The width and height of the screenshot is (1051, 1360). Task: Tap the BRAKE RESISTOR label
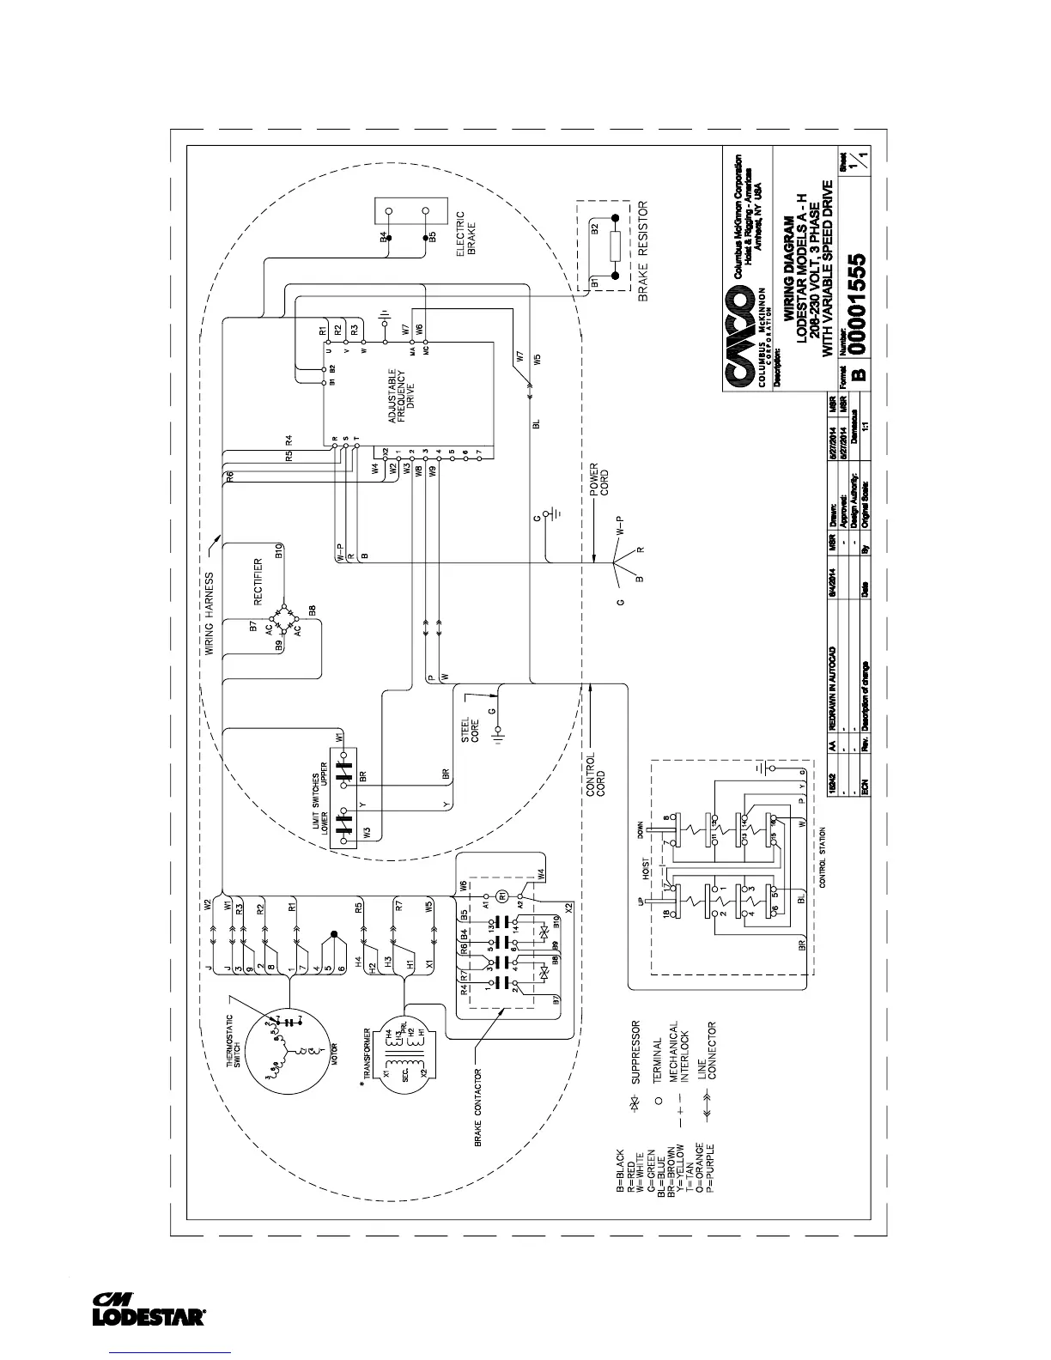(642, 254)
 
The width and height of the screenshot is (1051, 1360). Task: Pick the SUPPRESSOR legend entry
(636, 1053)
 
